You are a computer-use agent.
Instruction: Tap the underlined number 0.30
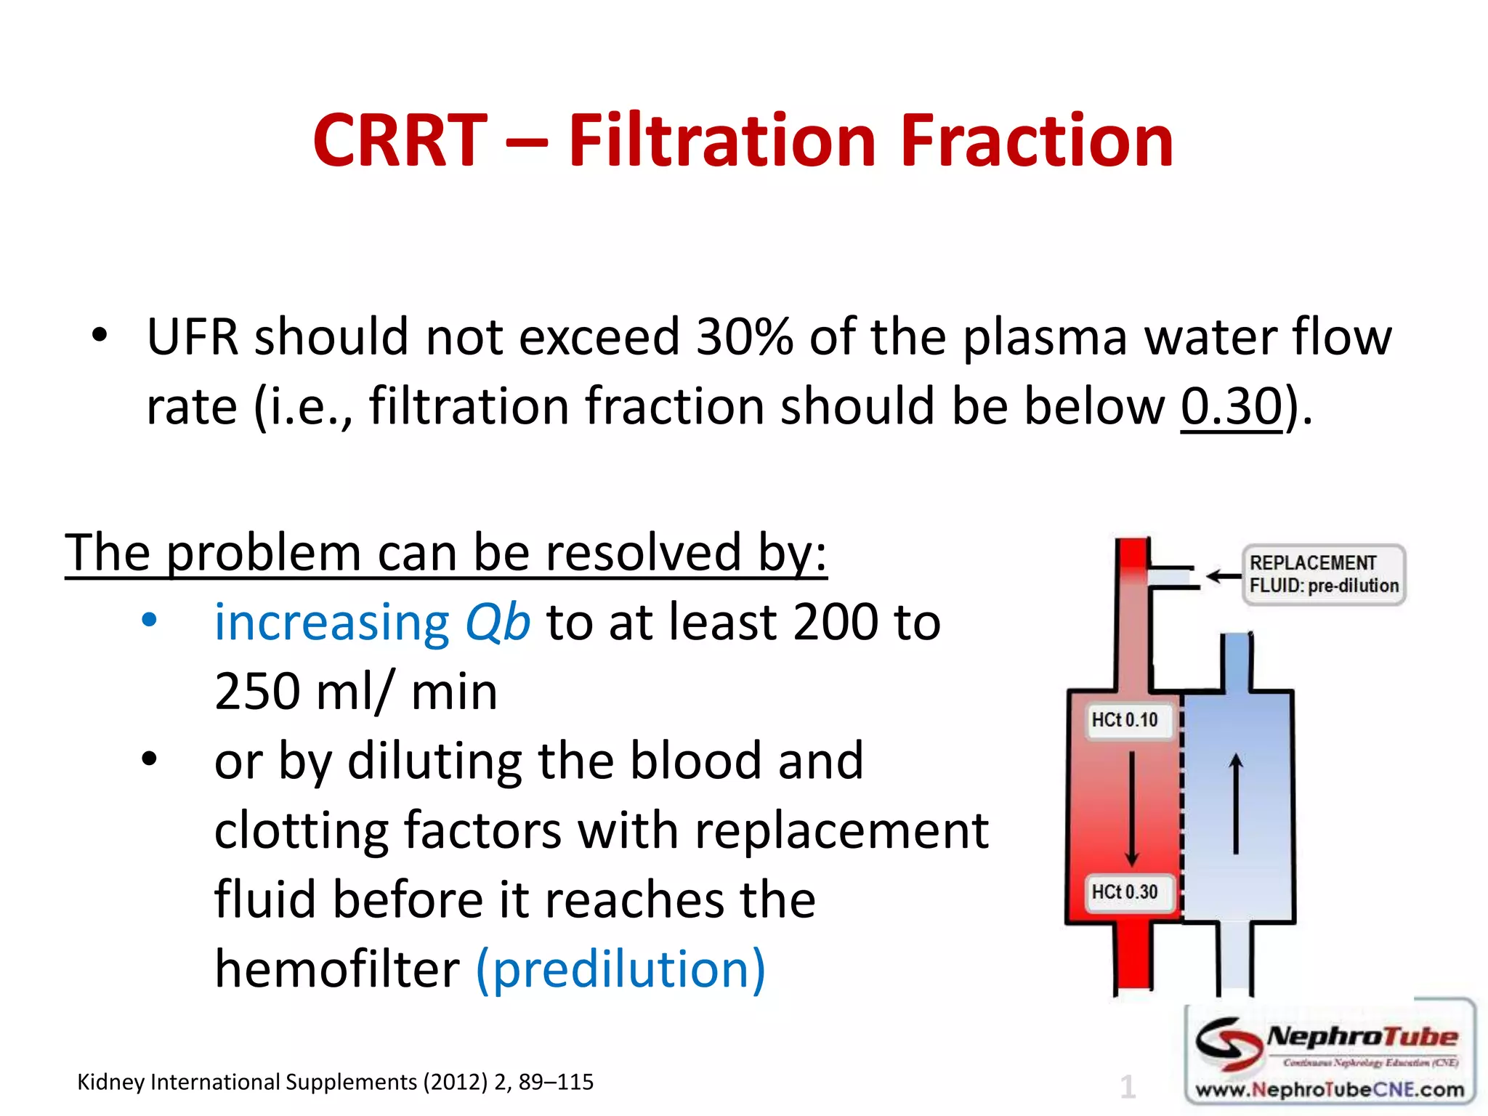(x=1231, y=405)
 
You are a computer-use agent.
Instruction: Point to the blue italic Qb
(x=498, y=623)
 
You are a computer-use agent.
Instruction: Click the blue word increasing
(x=332, y=623)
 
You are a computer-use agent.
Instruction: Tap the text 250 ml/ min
(x=356, y=691)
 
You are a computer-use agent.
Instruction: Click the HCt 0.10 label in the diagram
(x=1125, y=720)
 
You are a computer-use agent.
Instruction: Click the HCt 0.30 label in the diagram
(x=1125, y=891)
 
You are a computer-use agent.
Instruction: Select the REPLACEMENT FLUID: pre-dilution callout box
(x=1323, y=574)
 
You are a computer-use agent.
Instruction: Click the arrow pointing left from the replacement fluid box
(x=1224, y=576)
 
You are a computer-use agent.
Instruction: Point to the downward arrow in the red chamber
(x=1131, y=806)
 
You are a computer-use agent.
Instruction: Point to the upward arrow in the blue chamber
(x=1236, y=803)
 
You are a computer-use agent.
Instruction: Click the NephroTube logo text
(x=1362, y=1037)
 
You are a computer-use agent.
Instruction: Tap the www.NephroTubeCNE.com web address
(x=1330, y=1089)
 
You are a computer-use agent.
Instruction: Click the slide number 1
(x=1128, y=1087)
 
